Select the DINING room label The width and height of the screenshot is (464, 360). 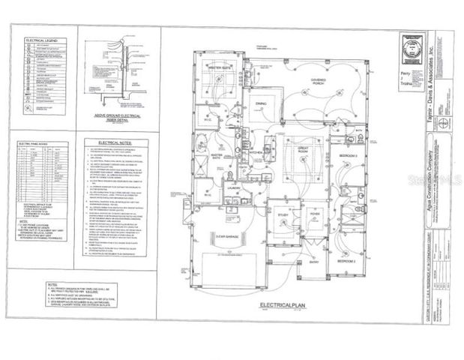(262, 103)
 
